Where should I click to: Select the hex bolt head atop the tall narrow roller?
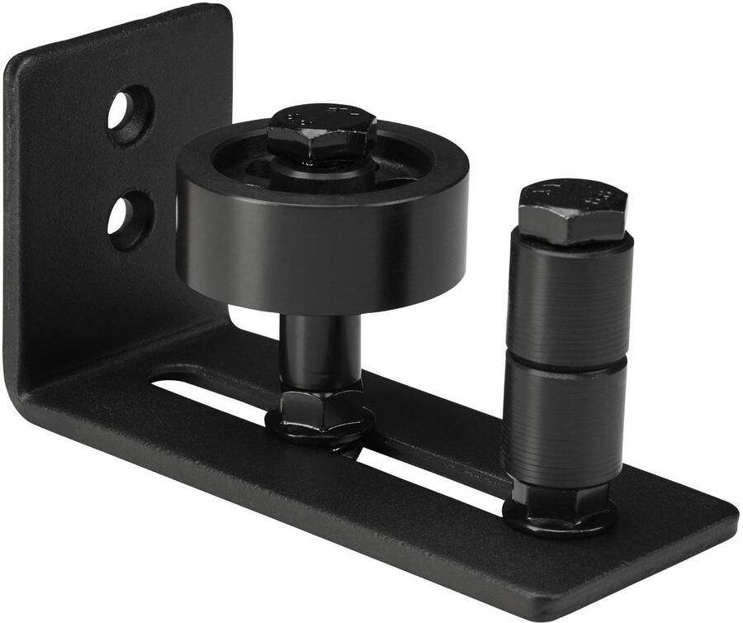point(572,211)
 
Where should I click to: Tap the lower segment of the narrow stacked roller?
point(564,421)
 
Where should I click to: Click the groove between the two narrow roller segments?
point(567,364)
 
